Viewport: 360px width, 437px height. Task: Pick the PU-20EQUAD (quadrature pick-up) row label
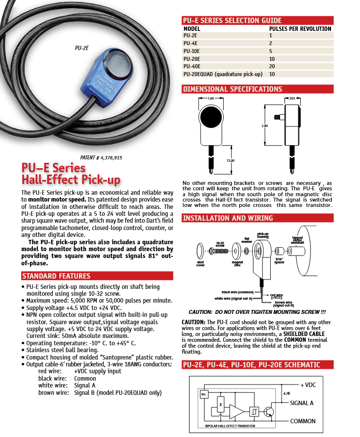point(223,74)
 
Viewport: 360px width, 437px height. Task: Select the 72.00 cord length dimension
point(230,160)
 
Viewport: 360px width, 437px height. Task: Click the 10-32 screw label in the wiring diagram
point(220,244)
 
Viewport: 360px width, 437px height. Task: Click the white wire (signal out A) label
point(233,298)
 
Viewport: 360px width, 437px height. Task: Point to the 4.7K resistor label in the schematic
point(287,393)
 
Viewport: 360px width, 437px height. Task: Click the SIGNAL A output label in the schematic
point(302,403)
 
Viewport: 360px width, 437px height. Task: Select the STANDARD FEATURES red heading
point(56,276)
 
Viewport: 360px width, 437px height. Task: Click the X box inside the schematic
point(221,405)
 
